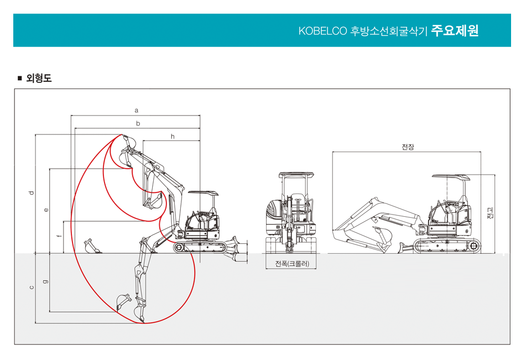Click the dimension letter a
[136, 111]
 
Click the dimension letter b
[138, 123]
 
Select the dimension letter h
[173, 136]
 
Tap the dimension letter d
[32, 193]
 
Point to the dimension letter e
[46, 210]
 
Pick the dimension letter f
[60, 237]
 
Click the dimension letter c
[32, 287]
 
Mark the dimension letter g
[46, 282]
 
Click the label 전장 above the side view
[407, 147]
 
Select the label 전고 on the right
[489, 213]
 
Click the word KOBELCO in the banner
[322, 31]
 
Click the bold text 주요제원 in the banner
[455, 30]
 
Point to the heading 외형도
[39, 79]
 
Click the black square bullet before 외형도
[20, 78]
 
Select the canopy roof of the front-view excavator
[297, 175]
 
